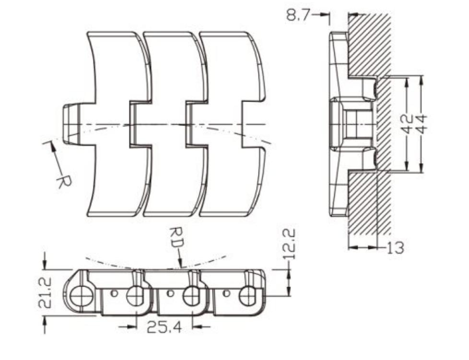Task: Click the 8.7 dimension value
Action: (298, 15)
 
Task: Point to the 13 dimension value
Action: (396, 247)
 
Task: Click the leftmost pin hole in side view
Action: (82, 296)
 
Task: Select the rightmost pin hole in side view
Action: (247, 296)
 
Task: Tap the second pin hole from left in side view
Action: (136, 296)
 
